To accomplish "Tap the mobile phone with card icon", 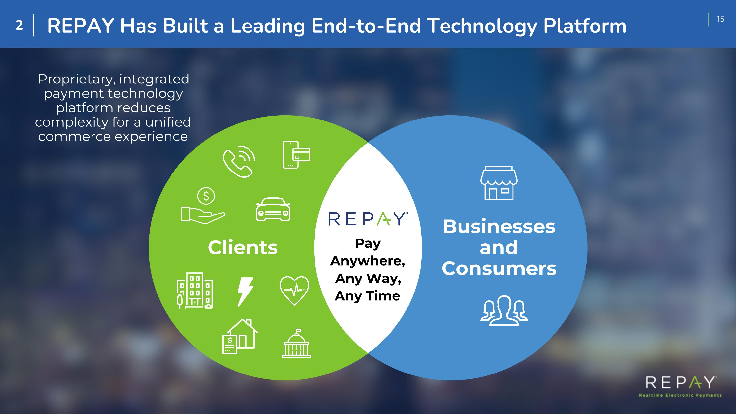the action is (x=296, y=155).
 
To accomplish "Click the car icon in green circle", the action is (x=273, y=209).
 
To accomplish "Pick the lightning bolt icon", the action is (x=245, y=292).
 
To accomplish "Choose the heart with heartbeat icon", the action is (x=294, y=291).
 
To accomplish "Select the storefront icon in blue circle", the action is (x=499, y=183).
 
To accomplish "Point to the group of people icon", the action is (x=504, y=311).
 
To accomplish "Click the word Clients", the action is (x=243, y=247).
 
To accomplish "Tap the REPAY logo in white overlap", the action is (x=368, y=219).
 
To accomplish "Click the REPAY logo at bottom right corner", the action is (x=680, y=383).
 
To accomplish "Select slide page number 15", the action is (x=721, y=19).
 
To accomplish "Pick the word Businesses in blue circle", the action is (x=499, y=227).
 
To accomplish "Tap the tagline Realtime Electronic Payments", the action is (x=680, y=395).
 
